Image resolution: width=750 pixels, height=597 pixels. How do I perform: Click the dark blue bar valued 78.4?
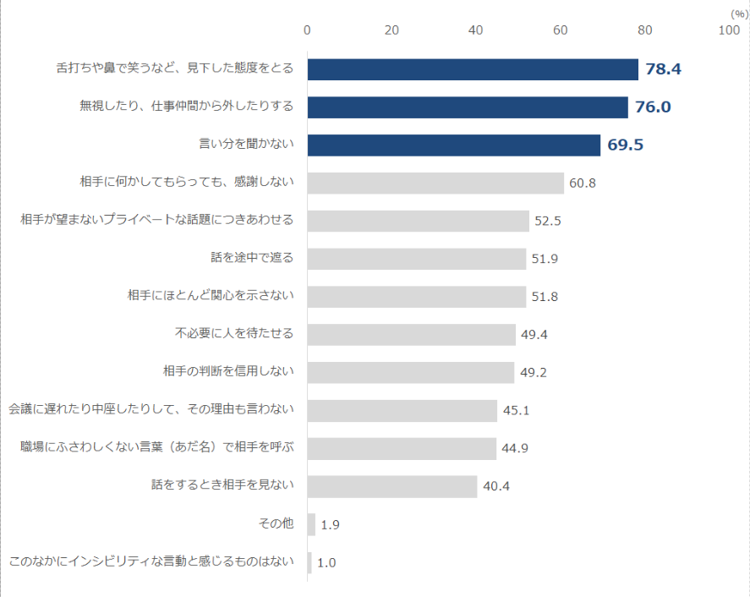pos(473,69)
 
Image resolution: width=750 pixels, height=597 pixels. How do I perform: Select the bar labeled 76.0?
pos(468,107)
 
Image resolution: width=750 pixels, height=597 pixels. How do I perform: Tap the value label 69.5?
pos(626,145)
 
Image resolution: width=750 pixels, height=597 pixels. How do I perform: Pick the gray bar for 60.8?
pos(435,183)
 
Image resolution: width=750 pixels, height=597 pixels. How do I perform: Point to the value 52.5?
pos(548,222)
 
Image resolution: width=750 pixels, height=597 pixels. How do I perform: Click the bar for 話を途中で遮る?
pos(416,259)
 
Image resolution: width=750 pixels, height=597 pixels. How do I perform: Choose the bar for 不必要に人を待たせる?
pos(411,334)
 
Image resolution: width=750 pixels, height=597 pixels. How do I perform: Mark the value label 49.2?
pos(534,372)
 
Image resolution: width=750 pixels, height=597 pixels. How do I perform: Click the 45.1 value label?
pos(516,411)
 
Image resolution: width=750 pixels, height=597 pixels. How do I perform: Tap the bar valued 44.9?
pos(402,448)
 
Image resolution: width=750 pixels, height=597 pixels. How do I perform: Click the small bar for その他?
pos(311,524)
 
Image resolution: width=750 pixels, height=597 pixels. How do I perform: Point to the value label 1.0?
pos(326,562)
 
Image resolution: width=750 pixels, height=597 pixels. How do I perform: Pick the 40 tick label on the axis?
pos(476,30)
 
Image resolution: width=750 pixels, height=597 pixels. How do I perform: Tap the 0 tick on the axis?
pos(307,30)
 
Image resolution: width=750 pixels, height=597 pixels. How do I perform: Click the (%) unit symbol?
pos(737,14)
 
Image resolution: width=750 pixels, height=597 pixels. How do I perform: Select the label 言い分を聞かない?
pos(246,145)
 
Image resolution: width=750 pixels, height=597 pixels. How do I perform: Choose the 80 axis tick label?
pos(644,30)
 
